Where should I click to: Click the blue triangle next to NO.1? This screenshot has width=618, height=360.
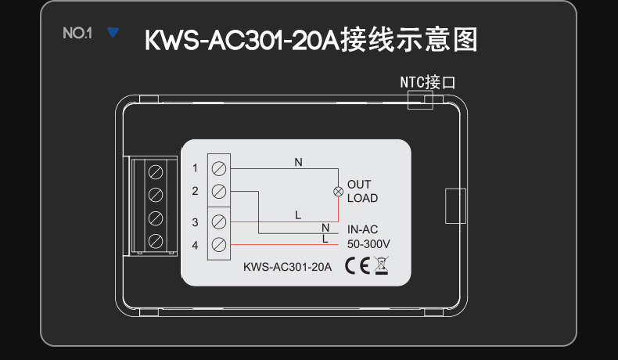click(113, 32)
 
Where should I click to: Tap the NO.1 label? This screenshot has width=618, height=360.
click(77, 33)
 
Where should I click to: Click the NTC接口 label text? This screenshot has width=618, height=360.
click(428, 82)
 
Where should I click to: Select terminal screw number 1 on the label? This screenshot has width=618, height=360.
click(219, 169)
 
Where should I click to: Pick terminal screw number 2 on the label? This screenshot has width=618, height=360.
click(219, 192)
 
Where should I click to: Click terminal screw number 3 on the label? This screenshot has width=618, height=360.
click(219, 222)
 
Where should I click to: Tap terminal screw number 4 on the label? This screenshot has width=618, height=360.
click(219, 245)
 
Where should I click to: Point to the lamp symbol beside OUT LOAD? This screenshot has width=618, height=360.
click(338, 192)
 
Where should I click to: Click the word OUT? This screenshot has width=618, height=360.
click(358, 184)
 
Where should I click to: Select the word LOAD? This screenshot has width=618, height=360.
click(363, 198)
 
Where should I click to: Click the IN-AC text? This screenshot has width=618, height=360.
click(363, 229)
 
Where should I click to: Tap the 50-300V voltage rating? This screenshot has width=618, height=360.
click(368, 244)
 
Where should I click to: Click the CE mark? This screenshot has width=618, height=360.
click(357, 265)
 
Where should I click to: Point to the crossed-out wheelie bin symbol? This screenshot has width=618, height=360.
click(381, 265)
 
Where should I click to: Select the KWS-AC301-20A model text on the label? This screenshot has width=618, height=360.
click(287, 267)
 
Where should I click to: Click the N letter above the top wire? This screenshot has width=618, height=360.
click(298, 162)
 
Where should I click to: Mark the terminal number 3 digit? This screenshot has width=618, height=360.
click(195, 222)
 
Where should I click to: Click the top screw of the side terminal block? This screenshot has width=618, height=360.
click(156, 172)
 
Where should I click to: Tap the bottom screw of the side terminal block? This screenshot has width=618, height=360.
click(156, 241)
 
